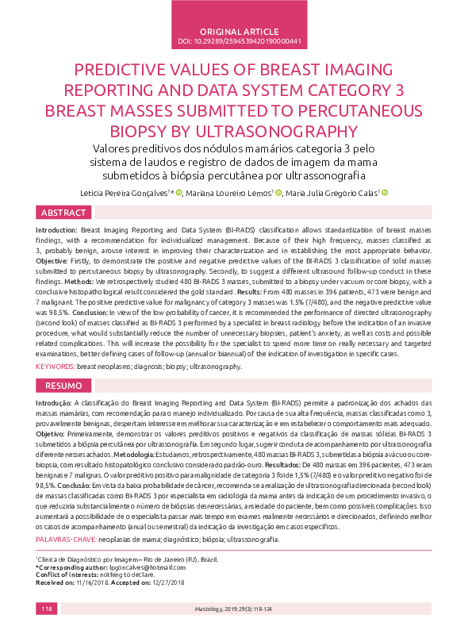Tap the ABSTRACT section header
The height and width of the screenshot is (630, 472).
[64, 213]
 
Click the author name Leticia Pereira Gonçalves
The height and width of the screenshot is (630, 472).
[127, 192]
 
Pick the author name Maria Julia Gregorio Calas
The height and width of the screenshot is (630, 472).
[331, 192]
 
